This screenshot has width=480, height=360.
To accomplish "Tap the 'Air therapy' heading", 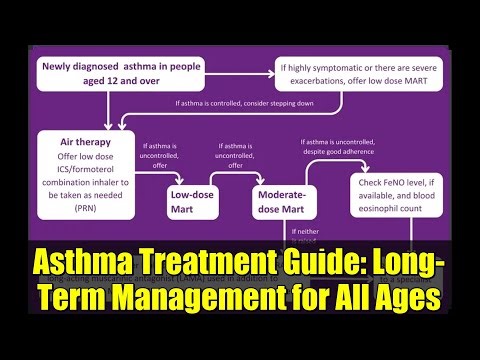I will point(85,142).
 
